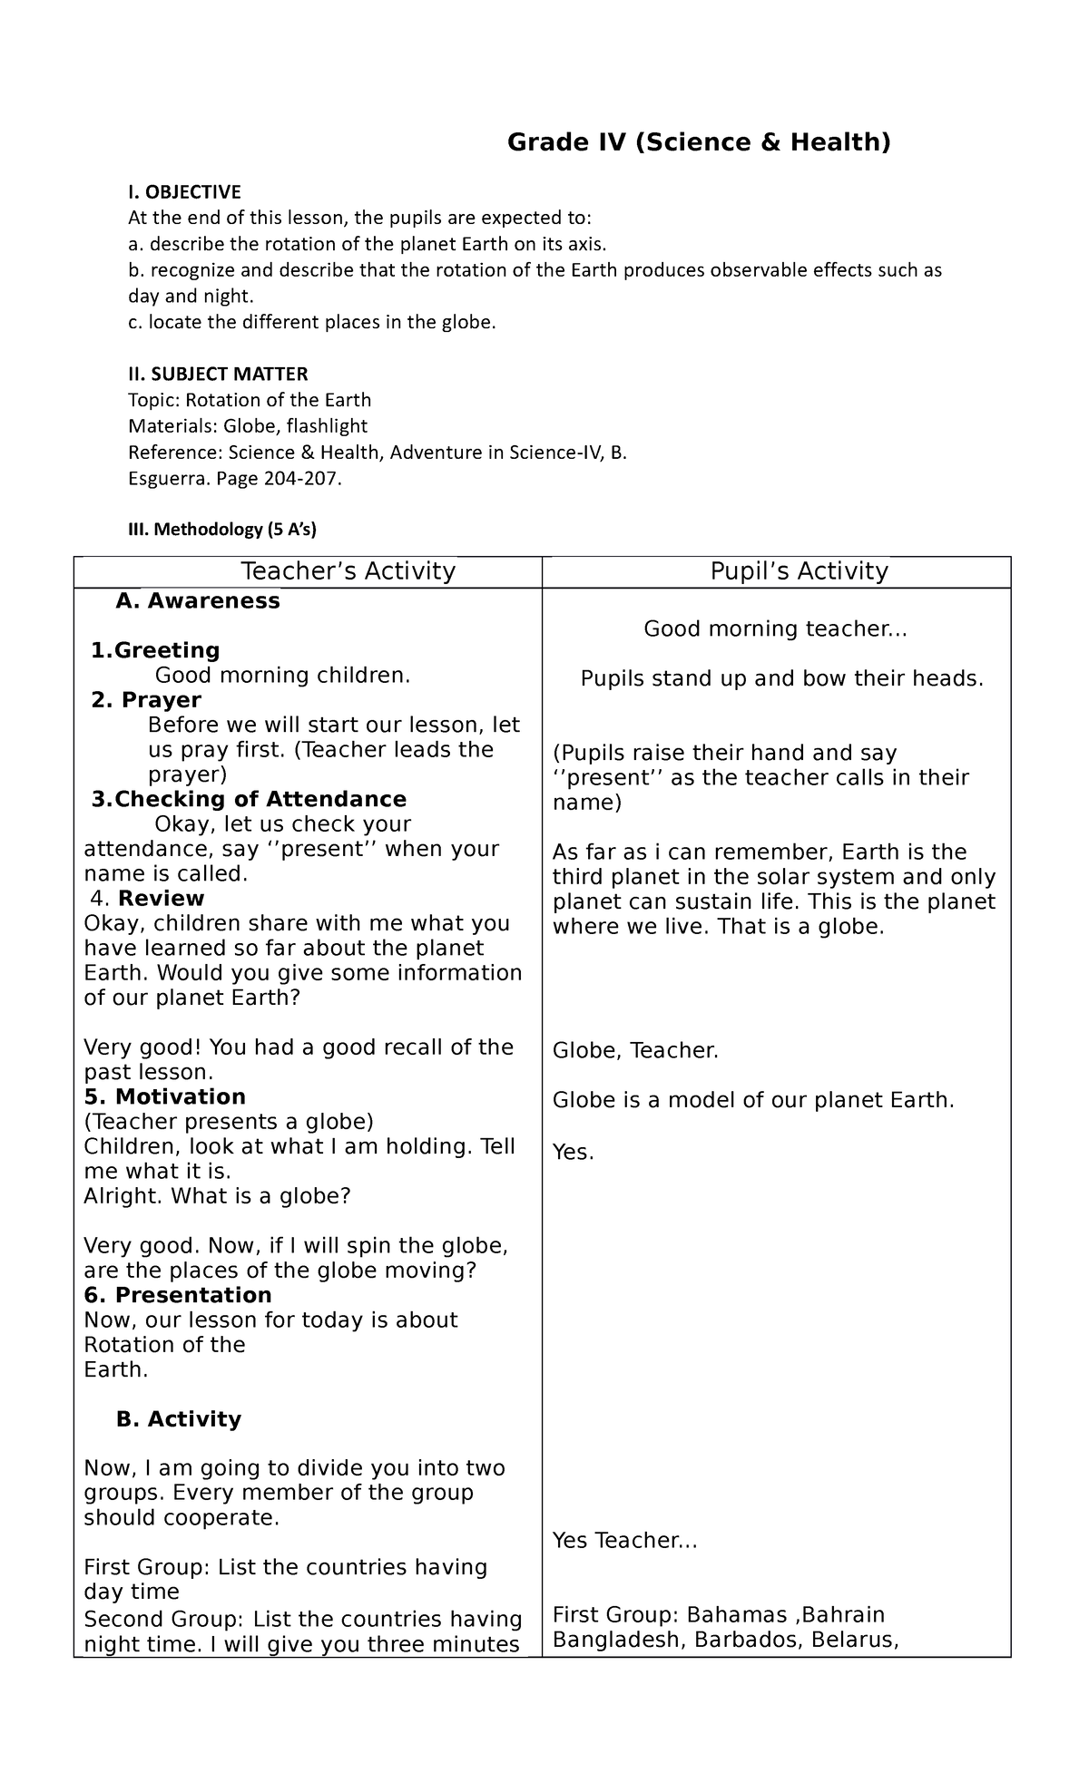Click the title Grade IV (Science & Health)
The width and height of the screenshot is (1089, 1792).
(699, 142)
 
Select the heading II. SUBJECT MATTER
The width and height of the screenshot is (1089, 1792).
(218, 374)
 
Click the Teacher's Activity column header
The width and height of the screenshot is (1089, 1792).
(348, 571)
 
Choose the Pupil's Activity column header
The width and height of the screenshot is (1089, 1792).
(799, 571)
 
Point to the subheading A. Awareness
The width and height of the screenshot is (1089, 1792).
(198, 601)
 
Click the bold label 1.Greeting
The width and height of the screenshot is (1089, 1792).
(155, 650)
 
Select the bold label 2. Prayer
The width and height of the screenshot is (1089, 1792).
(146, 700)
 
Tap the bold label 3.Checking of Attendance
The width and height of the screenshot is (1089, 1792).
(249, 799)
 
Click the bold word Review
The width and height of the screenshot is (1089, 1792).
(161, 898)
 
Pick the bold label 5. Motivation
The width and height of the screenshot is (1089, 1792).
(164, 1096)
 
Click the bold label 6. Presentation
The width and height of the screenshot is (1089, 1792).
(177, 1295)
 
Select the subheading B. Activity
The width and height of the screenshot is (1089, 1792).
(179, 1419)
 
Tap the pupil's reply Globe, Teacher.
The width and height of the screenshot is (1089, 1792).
(635, 1051)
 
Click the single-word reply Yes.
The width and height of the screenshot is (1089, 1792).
(573, 1153)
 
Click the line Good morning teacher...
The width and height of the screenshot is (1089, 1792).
(774, 629)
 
